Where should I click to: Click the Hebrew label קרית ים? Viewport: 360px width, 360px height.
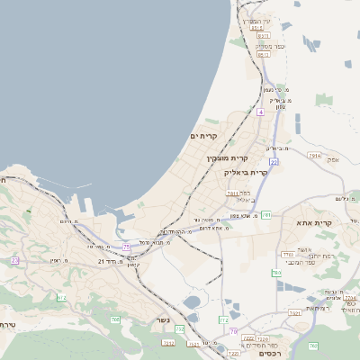[204, 136]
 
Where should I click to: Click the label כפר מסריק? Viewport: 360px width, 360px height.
[269, 45]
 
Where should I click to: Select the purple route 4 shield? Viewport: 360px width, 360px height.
[260, 112]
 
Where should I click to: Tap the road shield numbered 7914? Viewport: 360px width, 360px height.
[313, 156]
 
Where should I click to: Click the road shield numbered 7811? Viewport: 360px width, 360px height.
[233, 193]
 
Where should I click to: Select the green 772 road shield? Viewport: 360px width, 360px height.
[223, 319]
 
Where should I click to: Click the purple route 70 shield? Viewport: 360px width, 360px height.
[233, 332]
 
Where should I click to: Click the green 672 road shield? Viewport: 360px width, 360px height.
[61, 297]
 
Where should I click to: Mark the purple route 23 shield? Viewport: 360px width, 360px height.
[127, 246]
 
